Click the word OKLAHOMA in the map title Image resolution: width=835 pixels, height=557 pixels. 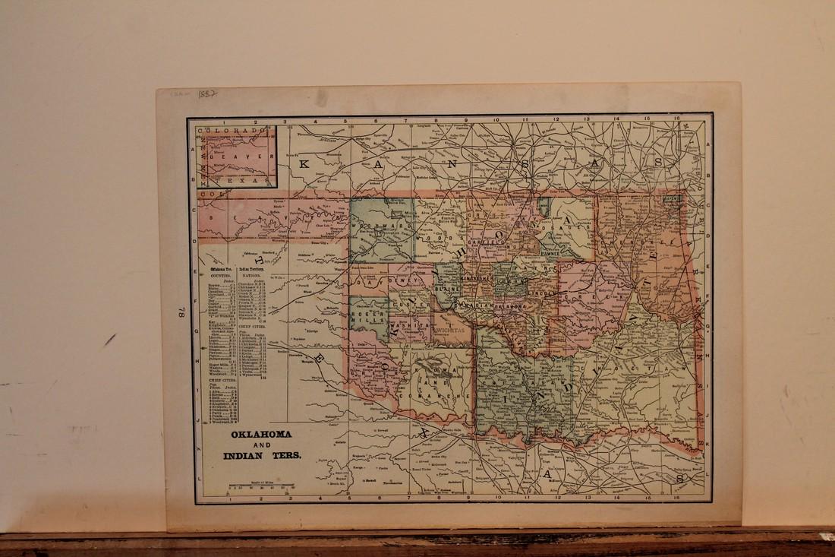250,436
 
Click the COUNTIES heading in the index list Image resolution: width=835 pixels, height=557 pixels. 219,277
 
